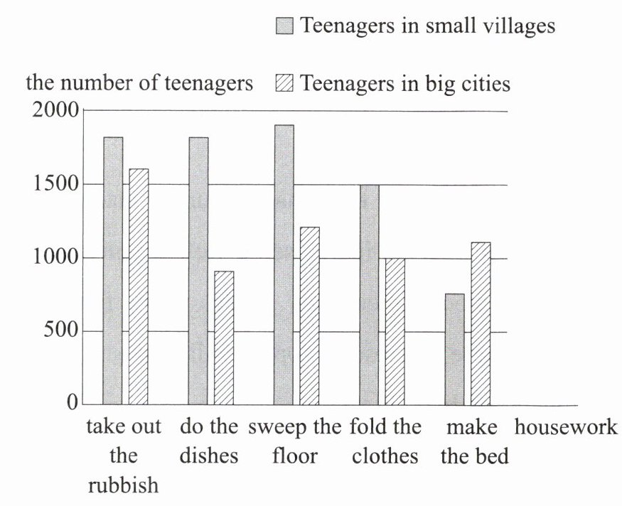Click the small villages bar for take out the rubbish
(x=113, y=270)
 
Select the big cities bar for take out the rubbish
(x=139, y=286)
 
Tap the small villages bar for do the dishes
(x=198, y=270)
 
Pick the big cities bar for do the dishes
(x=224, y=338)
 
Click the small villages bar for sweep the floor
(x=284, y=264)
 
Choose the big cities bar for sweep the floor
(x=309, y=316)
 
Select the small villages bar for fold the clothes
(x=369, y=294)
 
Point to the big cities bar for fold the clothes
(x=395, y=331)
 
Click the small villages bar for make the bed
(x=454, y=349)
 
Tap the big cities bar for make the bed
(x=480, y=323)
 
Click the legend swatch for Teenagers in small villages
(x=284, y=27)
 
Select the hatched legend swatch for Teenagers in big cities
(x=284, y=85)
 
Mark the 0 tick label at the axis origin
(x=72, y=404)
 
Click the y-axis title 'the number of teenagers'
(x=139, y=83)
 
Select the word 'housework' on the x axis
(x=566, y=428)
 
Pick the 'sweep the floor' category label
(x=294, y=441)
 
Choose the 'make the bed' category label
(x=474, y=441)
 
